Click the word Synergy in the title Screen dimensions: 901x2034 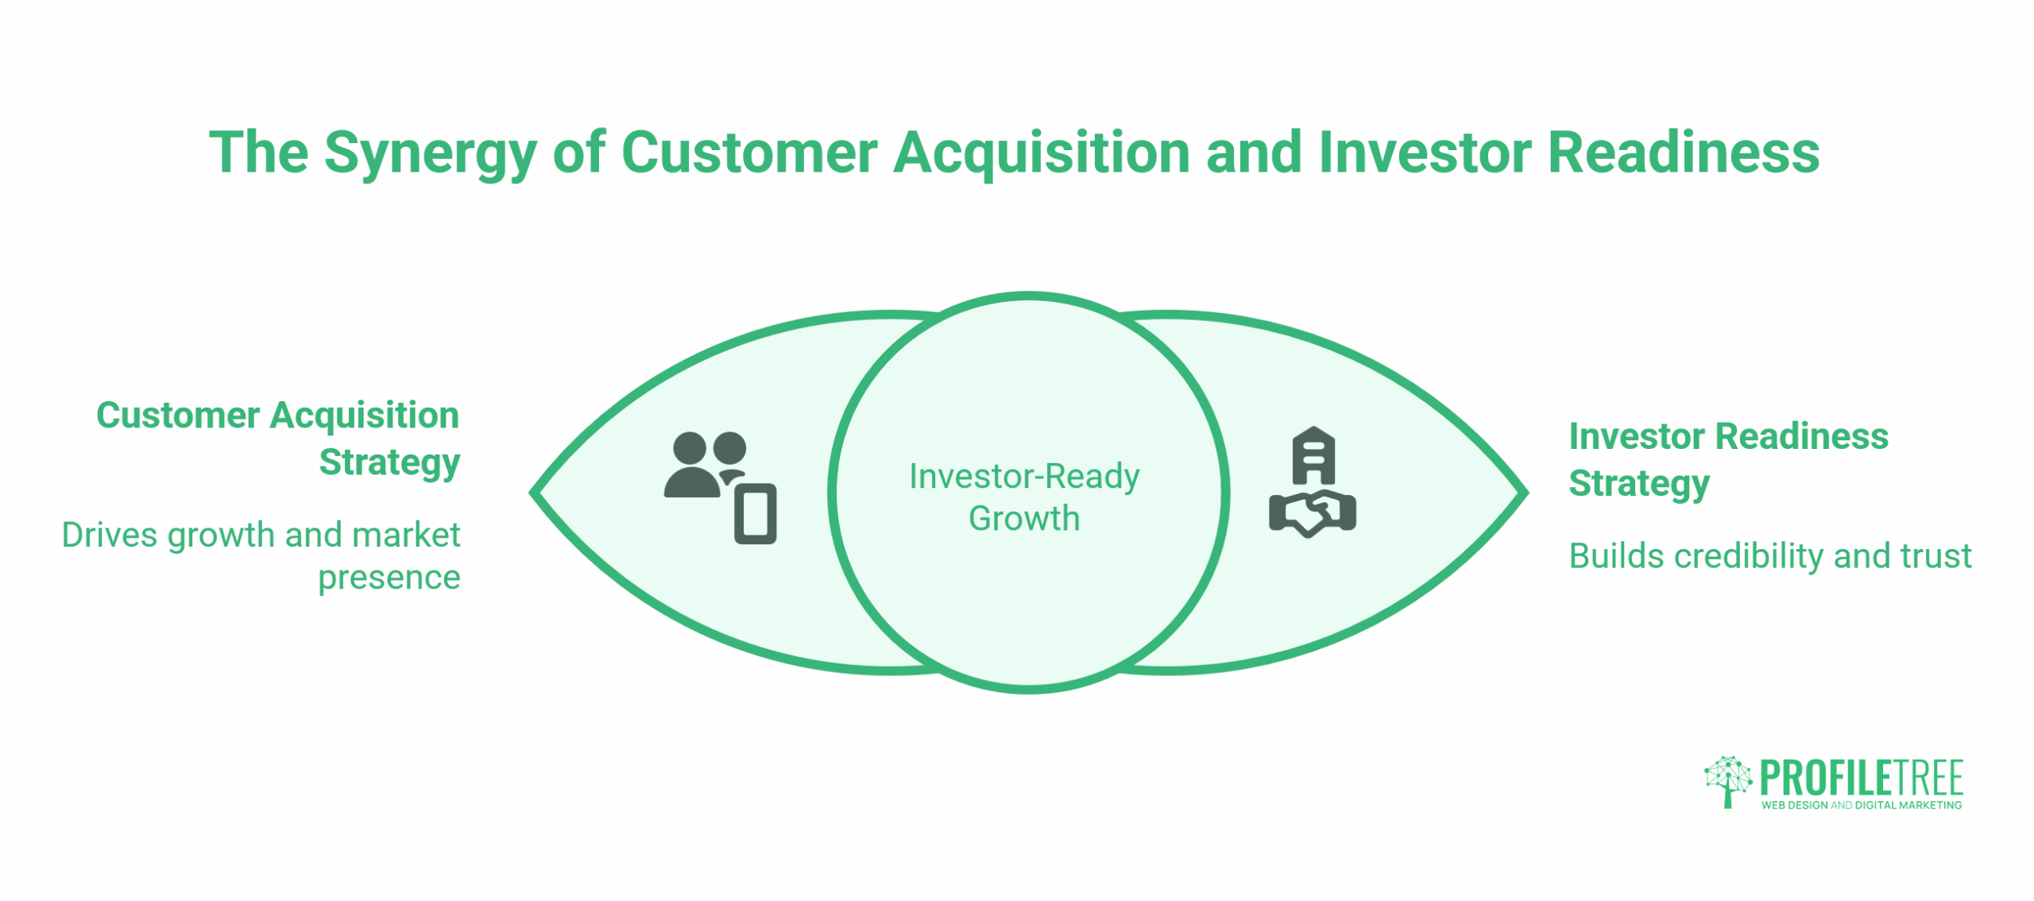coord(430,153)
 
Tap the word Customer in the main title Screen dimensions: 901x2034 coord(748,153)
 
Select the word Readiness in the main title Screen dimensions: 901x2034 coord(1684,153)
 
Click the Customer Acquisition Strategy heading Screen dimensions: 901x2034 coord(277,438)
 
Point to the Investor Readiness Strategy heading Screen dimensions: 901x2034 coord(1727,459)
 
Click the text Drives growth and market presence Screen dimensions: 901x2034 coord(262,555)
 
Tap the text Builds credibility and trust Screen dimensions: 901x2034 coord(1769,556)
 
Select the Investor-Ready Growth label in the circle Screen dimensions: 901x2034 coord(1024,497)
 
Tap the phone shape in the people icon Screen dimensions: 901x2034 coord(755,514)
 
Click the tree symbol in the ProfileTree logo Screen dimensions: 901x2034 coord(1727,780)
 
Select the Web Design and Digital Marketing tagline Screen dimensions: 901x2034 coord(1861,805)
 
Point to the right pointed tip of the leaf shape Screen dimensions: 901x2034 coord(1523,493)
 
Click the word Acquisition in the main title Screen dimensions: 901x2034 coord(1041,153)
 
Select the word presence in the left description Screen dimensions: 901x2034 coord(389,577)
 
